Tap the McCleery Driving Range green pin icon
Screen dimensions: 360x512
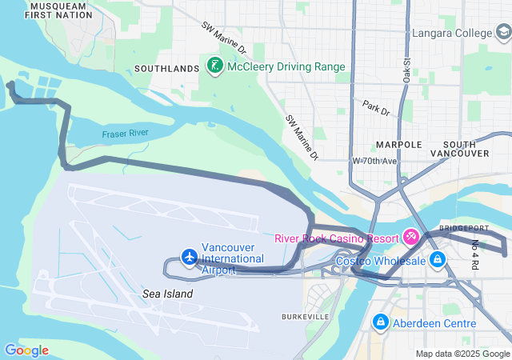coord(214,66)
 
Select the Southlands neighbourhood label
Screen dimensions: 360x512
coord(166,69)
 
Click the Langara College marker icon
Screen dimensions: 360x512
coord(503,33)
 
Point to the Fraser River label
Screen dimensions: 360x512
coord(125,134)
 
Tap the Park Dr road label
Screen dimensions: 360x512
coord(375,108)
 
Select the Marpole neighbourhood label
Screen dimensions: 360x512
coord(398,145)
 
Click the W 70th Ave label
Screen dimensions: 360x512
coord(374,161)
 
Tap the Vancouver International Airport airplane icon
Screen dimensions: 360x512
coord(190,257)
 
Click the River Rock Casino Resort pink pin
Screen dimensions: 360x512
coord(411,238)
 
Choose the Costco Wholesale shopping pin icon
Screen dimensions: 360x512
coord(438,261)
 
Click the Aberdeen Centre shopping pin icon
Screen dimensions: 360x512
coord(380,322)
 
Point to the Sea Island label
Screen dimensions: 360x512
coord(168,294)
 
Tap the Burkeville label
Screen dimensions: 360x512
coord(305,317)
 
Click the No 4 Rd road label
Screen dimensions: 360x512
coord(474,254)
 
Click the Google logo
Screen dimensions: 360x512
coord(26,350)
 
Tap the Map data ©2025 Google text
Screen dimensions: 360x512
coord(462,354)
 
